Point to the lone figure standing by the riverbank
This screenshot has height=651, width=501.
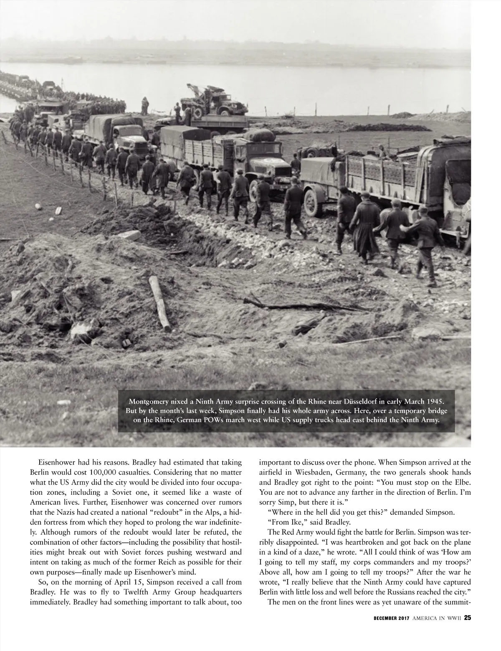pos(144,105)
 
